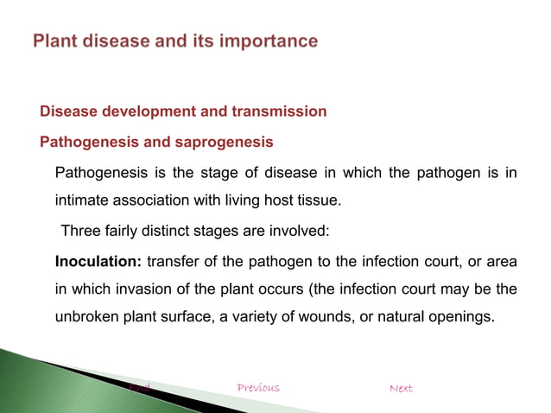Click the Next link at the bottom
coord(401,388)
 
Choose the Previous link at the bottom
coord(258,388)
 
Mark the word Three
coord(79,232)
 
